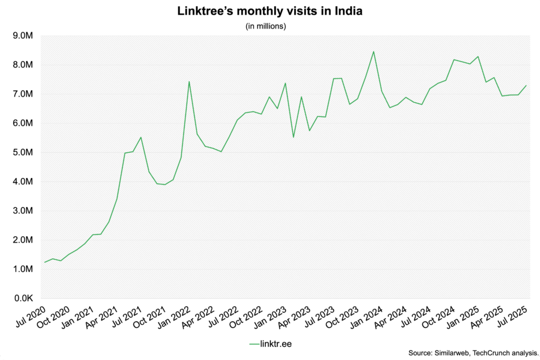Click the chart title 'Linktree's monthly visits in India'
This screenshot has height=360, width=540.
(269, 11)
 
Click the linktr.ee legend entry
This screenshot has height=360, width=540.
(269, 344)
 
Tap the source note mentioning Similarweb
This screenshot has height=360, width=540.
(473, 352)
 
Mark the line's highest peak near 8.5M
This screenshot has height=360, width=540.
(373, 52)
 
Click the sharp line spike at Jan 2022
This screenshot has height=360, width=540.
(189, 82)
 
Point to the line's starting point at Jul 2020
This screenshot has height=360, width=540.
(45, 262)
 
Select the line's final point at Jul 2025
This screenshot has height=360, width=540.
(526, 85)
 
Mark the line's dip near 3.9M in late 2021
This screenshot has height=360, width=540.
(165, 184)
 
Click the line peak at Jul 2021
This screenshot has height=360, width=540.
(141, 137)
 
